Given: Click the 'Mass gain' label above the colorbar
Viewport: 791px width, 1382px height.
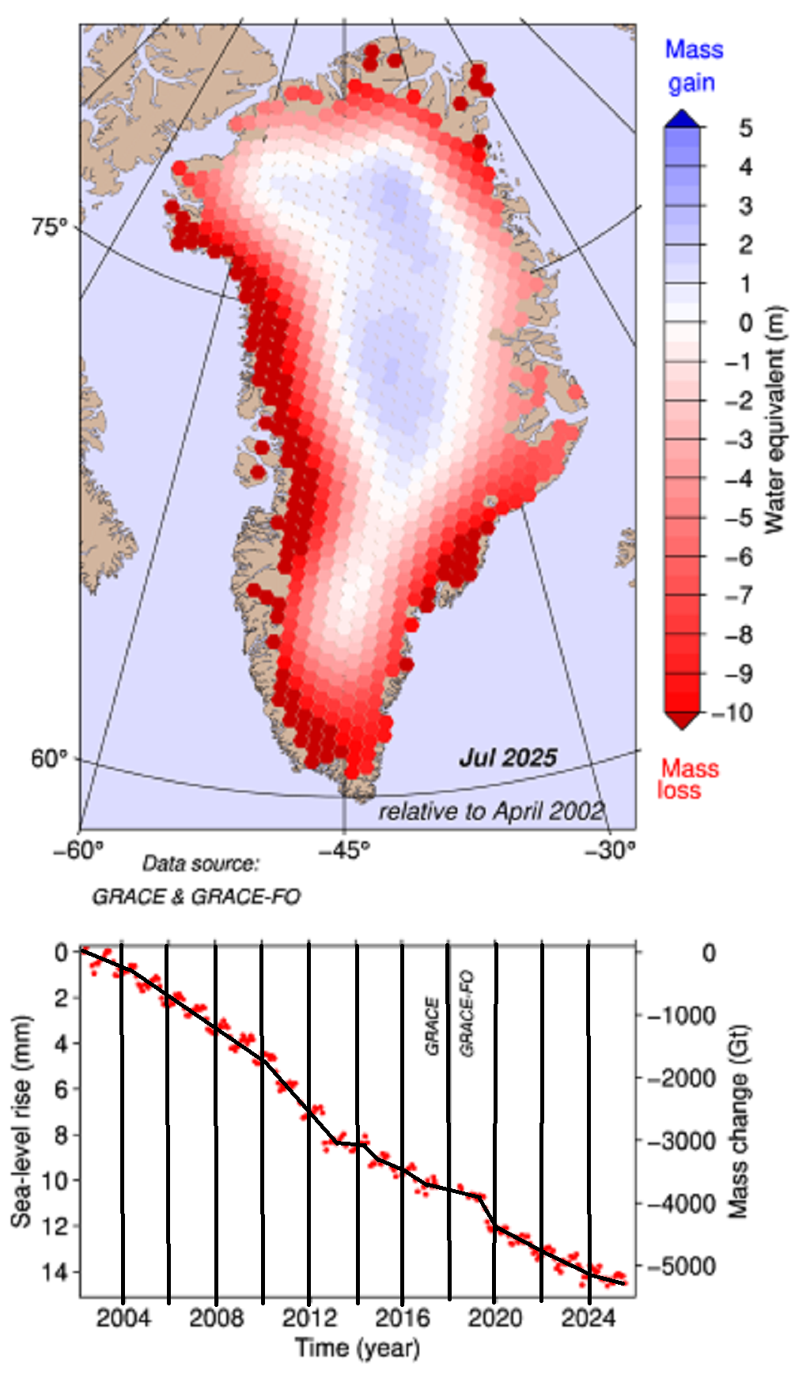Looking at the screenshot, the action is tap(694, 66).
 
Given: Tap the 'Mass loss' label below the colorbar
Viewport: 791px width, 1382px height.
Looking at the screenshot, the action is tap(688, 779).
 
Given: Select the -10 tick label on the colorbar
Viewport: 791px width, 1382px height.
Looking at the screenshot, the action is tap(732, 712).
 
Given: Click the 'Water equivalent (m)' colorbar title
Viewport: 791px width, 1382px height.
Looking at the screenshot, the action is tap(774, 419).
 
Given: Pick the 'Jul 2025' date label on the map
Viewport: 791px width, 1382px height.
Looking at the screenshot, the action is tap(508, 757).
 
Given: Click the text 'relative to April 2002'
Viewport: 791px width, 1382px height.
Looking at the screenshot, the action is tap(491, 811).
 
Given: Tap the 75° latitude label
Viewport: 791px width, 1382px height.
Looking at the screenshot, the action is tap(50, 227).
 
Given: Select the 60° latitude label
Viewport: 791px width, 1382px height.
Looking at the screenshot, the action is tap(49, 758).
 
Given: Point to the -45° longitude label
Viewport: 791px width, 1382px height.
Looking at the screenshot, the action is tap(344, 851).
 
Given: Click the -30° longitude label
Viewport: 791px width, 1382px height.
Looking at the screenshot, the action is tap(610, 851).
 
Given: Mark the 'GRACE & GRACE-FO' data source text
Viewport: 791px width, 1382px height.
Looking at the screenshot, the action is tap(196, 896).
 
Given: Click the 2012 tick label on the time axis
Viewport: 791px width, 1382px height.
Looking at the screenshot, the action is tap(309, 1317).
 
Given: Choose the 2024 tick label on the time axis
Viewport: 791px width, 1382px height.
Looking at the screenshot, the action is tap(588, 1317).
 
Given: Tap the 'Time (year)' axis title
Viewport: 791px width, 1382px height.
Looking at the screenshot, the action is tap(358, 1347).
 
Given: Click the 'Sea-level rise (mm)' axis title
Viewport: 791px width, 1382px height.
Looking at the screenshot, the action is tap(21, 1122).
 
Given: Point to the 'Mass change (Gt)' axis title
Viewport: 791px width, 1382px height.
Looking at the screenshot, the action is tap(737, 1122).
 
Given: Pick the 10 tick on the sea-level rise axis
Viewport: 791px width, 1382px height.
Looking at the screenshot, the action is tap(61, 1180).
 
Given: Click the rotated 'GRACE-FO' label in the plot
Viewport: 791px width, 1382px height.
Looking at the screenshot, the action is tap(467, 1014).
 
